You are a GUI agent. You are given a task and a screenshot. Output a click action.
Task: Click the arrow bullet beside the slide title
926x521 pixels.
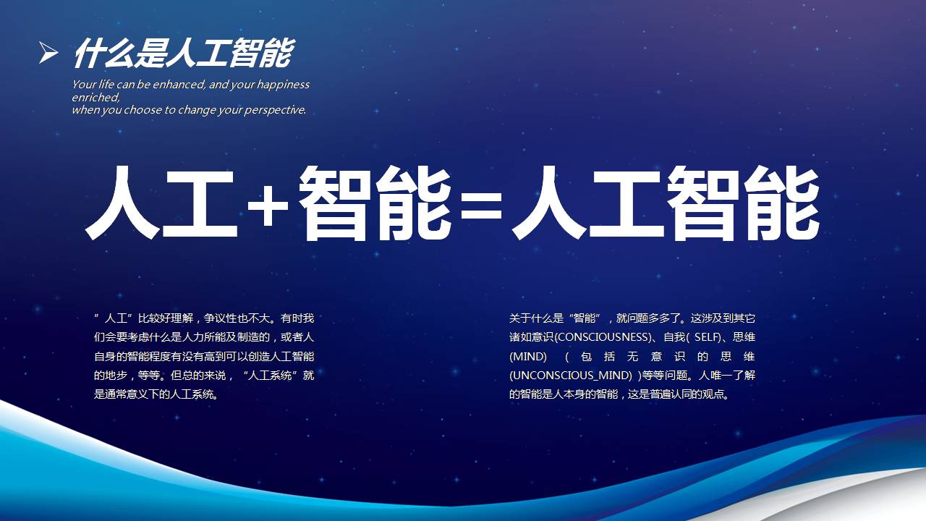click(x=48, y=52)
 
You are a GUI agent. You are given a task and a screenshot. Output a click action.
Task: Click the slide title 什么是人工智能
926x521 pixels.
click(x=182, y=53)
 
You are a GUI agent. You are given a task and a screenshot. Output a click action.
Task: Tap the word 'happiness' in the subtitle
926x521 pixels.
click(x=283, y=85)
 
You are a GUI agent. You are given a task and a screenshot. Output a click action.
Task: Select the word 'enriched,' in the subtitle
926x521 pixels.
click(x=95, y=97)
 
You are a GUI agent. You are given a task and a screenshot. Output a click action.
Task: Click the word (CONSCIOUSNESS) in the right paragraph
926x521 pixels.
click(x=602, y=337)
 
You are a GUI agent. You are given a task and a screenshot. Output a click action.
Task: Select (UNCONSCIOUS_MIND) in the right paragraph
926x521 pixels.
click(x=571, y=376)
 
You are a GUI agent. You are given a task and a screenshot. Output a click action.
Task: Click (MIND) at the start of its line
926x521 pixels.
click(x=523, y=357)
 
